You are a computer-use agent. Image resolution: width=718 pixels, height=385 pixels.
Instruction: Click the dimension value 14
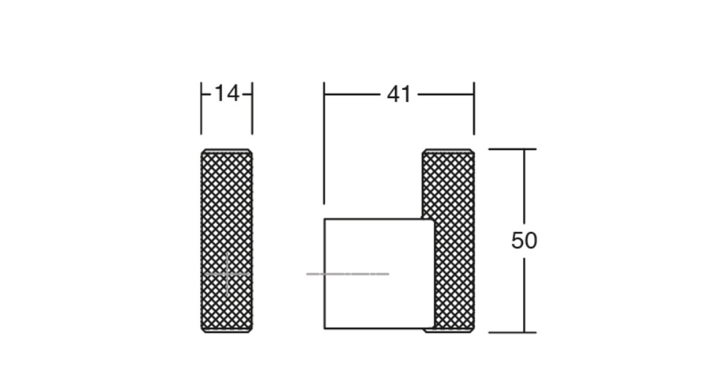click(x=227, y=93)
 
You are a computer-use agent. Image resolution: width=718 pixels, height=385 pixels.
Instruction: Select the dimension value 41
click(x=398, y=94)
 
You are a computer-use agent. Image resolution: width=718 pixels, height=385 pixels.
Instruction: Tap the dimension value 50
click(x=524, y=240)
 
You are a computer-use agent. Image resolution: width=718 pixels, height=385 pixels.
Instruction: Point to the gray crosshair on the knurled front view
click(x=227, y=274)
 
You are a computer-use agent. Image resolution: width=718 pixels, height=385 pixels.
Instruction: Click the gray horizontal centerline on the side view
click(x=348, y=274)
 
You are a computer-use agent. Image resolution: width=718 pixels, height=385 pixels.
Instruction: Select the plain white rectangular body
click(x=379, y=274)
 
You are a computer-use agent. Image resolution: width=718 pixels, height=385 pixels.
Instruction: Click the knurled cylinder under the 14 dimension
click(x=227, y=240)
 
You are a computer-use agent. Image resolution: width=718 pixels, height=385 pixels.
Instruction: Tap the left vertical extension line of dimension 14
click(x=201, y=108)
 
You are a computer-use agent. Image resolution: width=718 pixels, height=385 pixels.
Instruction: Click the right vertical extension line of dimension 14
click(x=252, y=108)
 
